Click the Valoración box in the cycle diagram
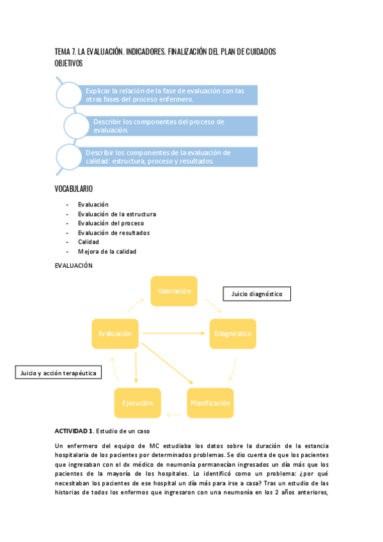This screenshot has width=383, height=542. tap(174, 291)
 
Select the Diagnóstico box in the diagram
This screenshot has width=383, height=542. tap(233, 334)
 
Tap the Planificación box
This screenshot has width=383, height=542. tap(209, 403)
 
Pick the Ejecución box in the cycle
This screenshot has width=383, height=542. tap(137, 403)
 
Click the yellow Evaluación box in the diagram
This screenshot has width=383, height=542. tap(115, 334)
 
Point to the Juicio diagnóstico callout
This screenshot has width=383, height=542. tap(256, 294)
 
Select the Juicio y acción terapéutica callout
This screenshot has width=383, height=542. tap(58, 372)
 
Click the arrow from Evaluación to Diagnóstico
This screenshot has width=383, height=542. tap(174, 334)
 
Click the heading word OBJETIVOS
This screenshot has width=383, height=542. tap(69, 63)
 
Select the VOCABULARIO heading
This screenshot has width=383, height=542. tap(74, 189)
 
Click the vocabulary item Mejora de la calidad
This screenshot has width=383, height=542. tap(107, 251)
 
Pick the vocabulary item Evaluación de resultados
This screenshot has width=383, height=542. tap(114, 233)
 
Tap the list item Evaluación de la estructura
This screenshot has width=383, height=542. tap(117, 214)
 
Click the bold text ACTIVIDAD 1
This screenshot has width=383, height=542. tap(74, 431)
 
